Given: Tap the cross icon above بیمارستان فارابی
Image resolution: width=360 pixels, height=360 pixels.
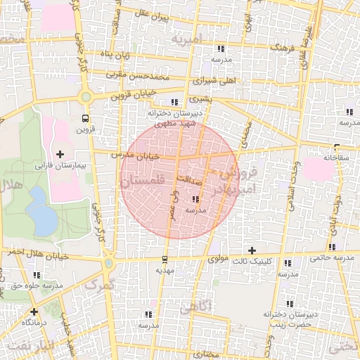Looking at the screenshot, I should tap(60, 154).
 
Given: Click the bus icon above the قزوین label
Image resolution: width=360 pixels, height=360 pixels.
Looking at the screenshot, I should tap(85, 118).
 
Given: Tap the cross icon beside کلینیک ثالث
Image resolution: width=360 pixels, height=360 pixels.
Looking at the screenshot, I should tap(252, 250).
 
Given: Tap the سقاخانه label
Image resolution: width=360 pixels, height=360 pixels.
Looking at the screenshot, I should tap(337, 159).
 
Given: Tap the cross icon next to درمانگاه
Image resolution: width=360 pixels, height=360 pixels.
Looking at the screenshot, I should tap(34, 311).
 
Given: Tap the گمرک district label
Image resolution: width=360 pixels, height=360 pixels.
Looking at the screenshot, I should tap(98, 284).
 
